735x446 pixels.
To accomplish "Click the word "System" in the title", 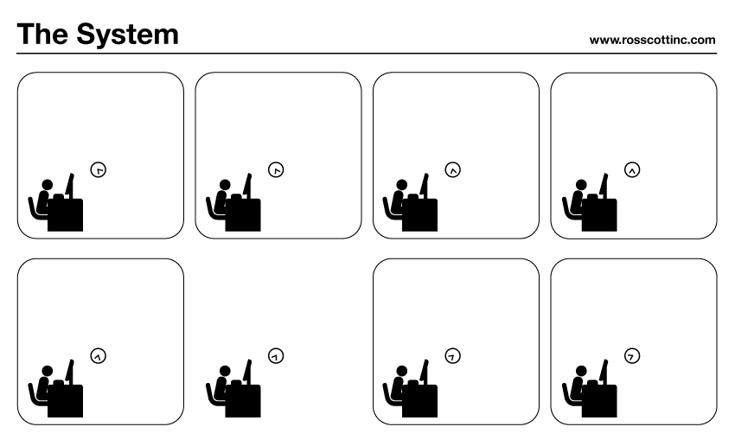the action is coord(127,35).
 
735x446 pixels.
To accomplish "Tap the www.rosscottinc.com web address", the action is coord(652,41).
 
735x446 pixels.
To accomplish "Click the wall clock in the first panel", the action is coord(99,169).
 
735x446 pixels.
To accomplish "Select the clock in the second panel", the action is coord(276,169).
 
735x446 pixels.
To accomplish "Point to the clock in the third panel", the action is coord(453,169).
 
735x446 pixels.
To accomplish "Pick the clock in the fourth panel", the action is coord(632,169).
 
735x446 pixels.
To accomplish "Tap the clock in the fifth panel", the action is coord(99,355).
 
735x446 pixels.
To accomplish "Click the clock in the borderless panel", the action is coord(276,355).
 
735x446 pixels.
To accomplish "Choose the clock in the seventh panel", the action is coord(453,355).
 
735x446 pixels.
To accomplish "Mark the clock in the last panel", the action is coord(632,355).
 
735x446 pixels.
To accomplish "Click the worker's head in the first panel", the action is coord(48,185).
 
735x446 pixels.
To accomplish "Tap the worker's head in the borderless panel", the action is coord(225,371).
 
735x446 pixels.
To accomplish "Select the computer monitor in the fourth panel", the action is coord(604,186).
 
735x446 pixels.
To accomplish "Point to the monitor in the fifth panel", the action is coord(69,372).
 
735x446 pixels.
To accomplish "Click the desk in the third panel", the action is coord(420,215).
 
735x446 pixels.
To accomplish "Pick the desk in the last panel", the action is coord(599,401).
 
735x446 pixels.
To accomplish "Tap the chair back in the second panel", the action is coord(209,207).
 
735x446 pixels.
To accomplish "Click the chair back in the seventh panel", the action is coord(387,393).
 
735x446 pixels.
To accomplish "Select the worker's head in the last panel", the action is coord(581,371).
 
